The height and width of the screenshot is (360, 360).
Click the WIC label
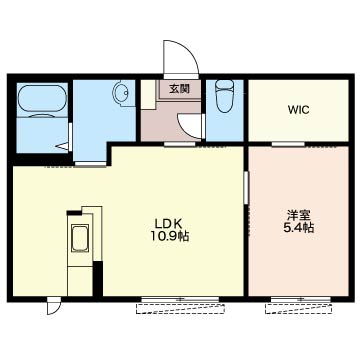click(299, 110)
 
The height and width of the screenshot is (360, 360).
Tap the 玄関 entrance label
click(180, 89)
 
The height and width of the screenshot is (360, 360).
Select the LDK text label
click(168, 223)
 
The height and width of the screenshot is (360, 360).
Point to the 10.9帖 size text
click(169, 236)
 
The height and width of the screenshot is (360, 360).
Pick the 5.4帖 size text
click(299, 228)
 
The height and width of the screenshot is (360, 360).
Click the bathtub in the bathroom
click(42, 98)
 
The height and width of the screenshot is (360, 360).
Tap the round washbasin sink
click(121, 91)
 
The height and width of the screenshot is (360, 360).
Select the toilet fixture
click(224, 96)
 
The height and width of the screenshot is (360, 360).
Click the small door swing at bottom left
click(53, 306)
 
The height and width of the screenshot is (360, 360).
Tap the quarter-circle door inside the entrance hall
click(190, 126)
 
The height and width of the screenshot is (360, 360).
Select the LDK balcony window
click(180, 299)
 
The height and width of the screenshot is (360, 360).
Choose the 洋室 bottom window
click(301, 299)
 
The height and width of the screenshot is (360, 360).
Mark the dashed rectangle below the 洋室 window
click(298, 309)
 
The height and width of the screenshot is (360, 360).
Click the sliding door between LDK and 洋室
click(246, 187)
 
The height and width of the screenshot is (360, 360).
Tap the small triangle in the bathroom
click(63, 146)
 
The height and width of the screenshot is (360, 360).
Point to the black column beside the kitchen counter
click(98, 279)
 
